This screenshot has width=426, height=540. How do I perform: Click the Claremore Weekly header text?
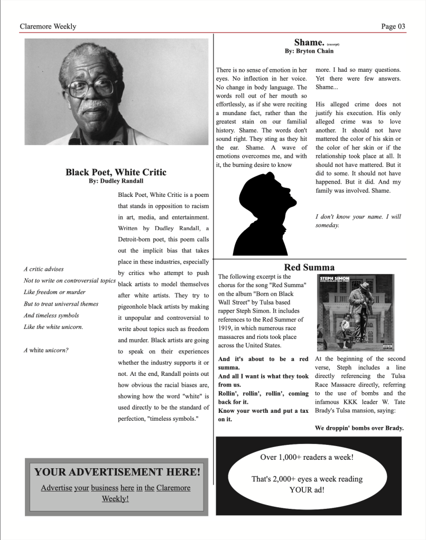48,26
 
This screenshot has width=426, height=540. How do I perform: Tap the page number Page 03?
393,26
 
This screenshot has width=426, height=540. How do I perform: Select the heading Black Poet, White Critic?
116,172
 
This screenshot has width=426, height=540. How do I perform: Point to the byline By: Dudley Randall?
116,181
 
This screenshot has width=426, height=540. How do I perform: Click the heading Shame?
309,42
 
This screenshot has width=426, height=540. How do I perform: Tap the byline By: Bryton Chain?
309,51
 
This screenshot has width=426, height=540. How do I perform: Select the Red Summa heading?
309,267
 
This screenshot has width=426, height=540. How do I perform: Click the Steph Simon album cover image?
355,312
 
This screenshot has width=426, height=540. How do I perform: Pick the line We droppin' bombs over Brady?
359,428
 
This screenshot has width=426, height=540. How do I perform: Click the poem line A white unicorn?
46,350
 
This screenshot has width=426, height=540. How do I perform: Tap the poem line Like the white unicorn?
53,327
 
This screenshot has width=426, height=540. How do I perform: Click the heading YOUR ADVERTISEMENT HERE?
117,472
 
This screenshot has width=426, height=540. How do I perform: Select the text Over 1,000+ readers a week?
307,457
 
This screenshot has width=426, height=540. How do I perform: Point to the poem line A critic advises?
43,269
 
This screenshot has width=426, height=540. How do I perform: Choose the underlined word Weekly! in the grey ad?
115,498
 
